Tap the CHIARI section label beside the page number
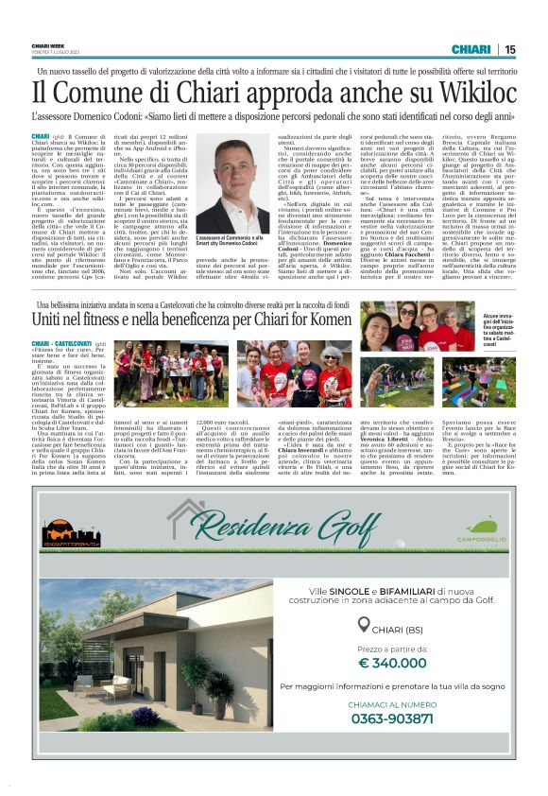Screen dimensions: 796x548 (x=470, y=49)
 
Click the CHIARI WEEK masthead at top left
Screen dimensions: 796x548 (x=49, y=45)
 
